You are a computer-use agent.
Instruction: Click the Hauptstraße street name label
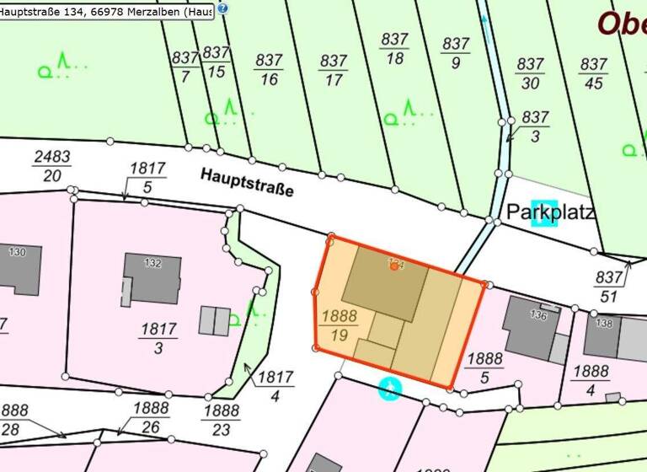pyautogui.click(x=247, y=182)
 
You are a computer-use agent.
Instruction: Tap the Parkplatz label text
pyautogui.click(x=551, y=211)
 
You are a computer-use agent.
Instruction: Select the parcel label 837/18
pyautogui.click(x=394, y=49)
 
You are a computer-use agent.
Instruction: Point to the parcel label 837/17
pyautogui.click(x=334, y=70)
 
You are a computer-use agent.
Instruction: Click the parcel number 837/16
pyautogui.click(x=269, y=70)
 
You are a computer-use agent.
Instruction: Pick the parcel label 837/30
pyautogui.click(x=530, y=73)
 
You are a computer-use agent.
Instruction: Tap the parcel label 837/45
pyautogui.click(x=594, y=73)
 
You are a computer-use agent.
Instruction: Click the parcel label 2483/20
pyautogui.click(x=51, y=166)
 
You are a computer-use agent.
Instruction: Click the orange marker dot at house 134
pyautogui.click(x=394, y=265)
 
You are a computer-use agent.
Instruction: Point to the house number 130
pyautogui.click(x=18, y=252)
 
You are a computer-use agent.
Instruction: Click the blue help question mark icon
pyautogui.click(x=222, y=8)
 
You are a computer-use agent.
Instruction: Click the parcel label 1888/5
pyautogui.click(x=484, y=369)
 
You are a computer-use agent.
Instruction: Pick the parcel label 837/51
pyautogui.click(x=608, y=287)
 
